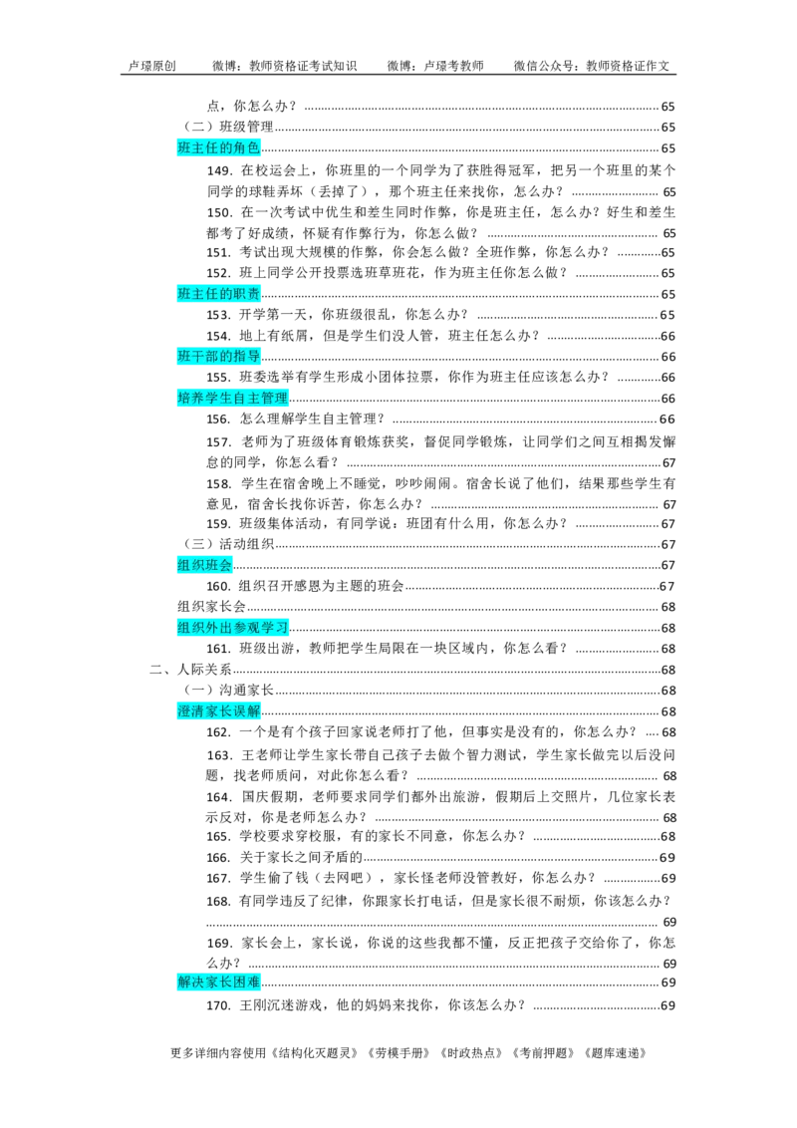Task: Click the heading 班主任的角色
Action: (218, 148)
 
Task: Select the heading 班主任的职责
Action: (218, 294)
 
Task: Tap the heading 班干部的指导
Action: (218, 357)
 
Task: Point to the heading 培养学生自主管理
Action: (232, 399)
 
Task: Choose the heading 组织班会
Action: (204, 565)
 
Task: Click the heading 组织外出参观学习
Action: (232, 628)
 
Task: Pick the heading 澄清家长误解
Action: (218, 711)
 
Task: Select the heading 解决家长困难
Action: (218, 983)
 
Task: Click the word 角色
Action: (246, 148)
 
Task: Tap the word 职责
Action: (246, 294)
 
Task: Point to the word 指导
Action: (246, 357)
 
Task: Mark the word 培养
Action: (190, 399)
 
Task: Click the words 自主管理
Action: (260, 399)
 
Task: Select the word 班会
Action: (218, 565)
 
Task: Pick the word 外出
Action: (218, 628)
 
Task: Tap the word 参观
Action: (246, 628)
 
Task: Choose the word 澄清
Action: (190, 711)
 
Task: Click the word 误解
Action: (246, 711)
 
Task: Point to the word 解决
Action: (190, 983)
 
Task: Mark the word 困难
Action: (246, 983)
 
